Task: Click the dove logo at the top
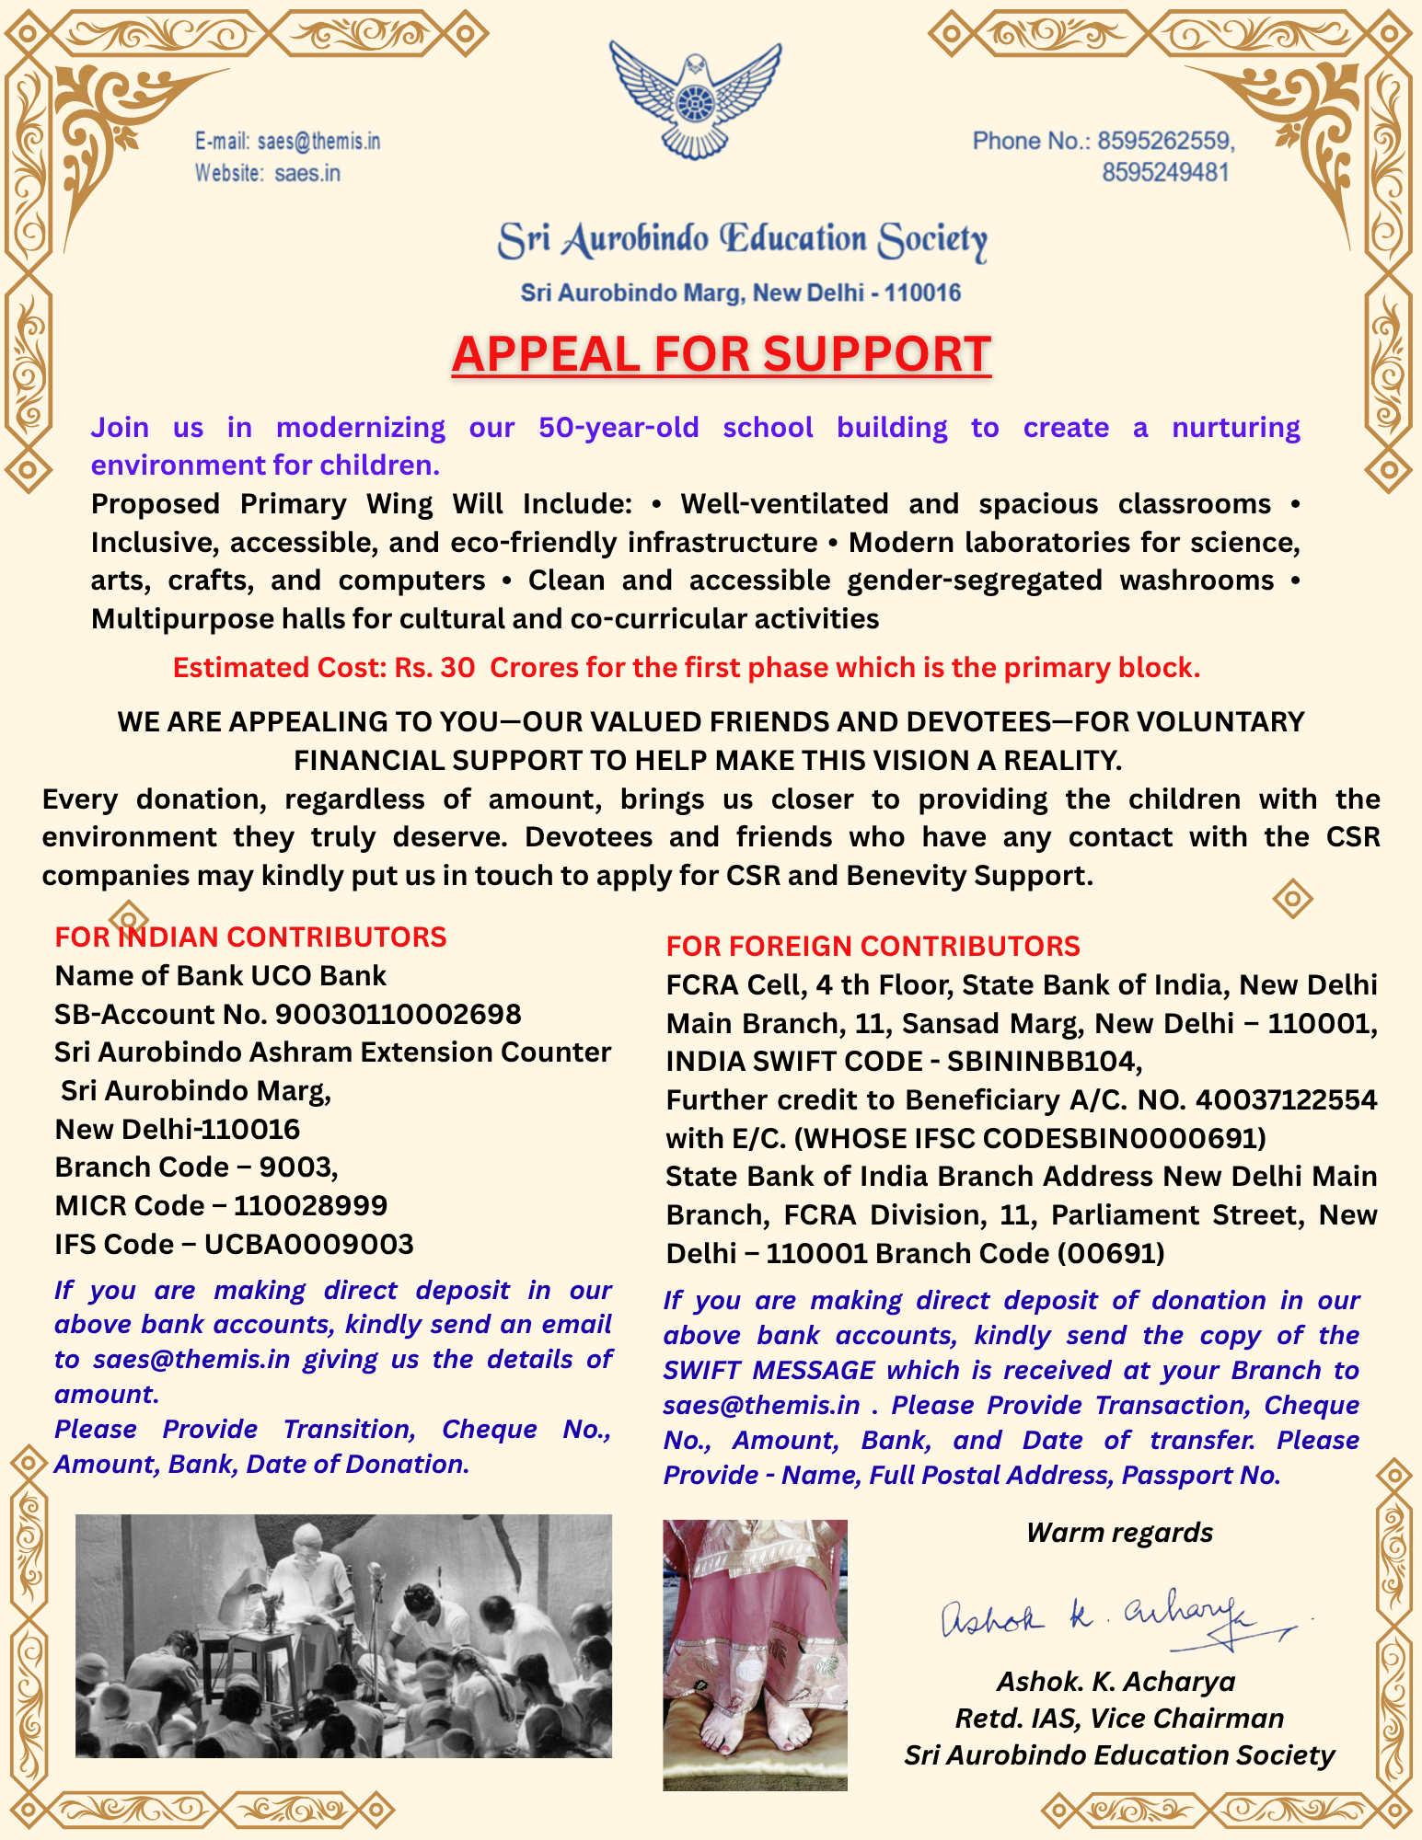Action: tap(696, 99)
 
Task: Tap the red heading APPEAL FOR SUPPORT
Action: tap(722, 354)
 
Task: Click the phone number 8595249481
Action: tap(1165, 173)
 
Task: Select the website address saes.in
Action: tap(307, 173)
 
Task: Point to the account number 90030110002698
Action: tap(399, 1014)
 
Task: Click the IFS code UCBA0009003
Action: tap(308, 1244)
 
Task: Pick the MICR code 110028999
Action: tap(310, 1205)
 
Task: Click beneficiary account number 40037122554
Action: tap(1286, 1100)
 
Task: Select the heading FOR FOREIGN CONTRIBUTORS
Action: tap(873, 946)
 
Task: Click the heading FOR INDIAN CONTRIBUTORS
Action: tap(250, 937)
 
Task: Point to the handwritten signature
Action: tap(1114, 1619)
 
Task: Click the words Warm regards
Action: tap(1119, 1533)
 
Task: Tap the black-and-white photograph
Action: tap(343, 1636)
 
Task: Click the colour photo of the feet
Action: tap(755, 1654)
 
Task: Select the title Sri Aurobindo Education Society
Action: tap(742, 241)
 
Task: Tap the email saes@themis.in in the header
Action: tap(318, 142)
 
